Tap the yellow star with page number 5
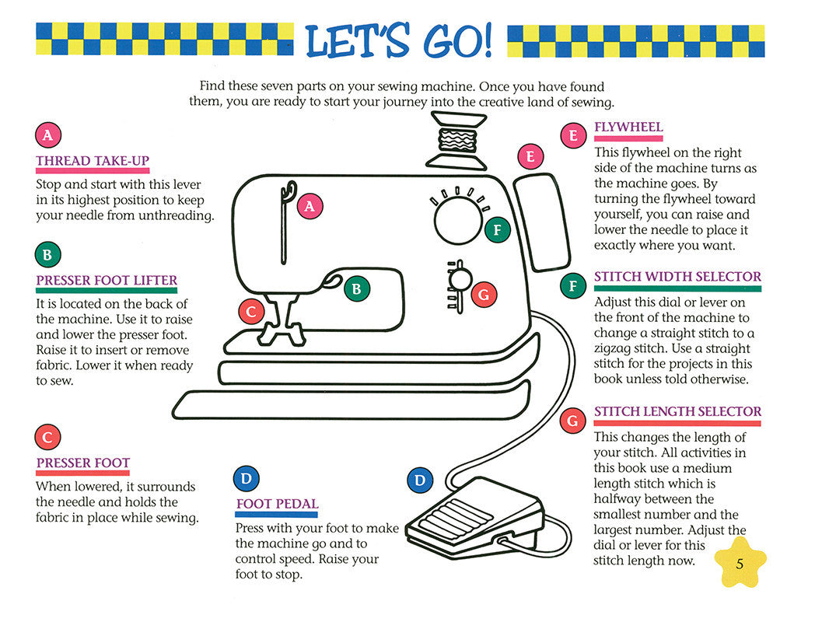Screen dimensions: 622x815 [739, 564]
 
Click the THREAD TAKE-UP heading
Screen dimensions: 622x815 [93, 161]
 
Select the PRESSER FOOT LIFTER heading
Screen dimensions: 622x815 [107, 280]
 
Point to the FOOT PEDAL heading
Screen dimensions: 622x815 [277, 504]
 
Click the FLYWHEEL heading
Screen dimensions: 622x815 [628, 128]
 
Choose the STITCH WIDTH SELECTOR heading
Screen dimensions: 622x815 [677, 277]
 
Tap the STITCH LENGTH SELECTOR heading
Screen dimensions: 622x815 [677, 411]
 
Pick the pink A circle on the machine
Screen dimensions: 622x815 [310, 206]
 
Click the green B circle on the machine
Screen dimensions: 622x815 [356, 288]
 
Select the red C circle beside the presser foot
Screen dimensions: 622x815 [251, 312]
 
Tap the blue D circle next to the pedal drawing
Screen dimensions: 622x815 [420, 480]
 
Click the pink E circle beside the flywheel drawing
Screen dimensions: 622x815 [530, 158]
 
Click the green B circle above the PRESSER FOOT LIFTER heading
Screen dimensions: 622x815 [47, 254]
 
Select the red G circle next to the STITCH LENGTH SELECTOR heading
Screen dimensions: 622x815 [573, 421]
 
